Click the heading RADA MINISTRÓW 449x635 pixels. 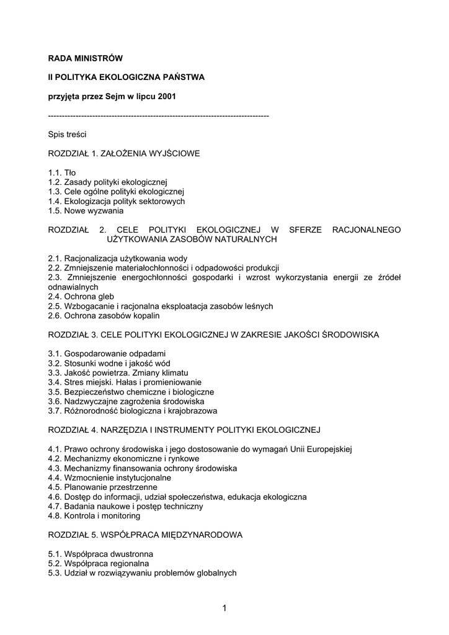[86, 58]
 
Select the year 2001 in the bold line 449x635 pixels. [167, 97]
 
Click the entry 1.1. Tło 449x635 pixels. [62, 172]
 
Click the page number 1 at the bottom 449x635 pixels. [224, 609]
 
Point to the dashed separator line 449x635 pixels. [158, 116]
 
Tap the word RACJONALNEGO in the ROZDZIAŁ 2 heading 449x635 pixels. [367, 229]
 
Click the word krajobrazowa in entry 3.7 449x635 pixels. [190, 411]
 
